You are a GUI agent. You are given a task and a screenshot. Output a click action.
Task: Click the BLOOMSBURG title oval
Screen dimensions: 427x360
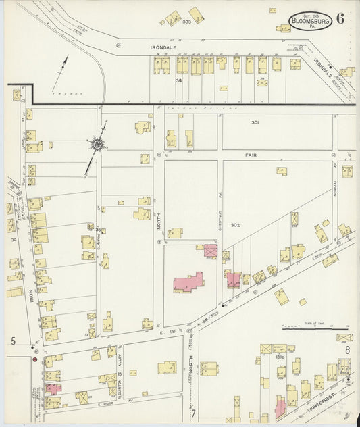point(310,22)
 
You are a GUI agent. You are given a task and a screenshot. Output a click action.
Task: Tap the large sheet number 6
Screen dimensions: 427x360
point(340,18)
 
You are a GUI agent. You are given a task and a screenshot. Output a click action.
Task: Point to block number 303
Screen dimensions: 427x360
point(186,22)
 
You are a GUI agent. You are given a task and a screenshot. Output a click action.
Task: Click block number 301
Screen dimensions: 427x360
point(255,122)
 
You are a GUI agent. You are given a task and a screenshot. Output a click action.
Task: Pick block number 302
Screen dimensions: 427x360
point(235,224)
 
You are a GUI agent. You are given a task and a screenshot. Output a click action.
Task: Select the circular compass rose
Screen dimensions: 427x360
point(97,143)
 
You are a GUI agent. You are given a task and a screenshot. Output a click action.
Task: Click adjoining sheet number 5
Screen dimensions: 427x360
point(13,341)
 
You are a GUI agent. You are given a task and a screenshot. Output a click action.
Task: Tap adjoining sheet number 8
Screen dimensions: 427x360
point(347,349)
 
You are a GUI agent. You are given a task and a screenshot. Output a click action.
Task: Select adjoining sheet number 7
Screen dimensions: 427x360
point(192,412)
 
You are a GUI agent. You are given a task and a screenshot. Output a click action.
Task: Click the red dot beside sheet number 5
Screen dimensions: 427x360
point(34,359)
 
